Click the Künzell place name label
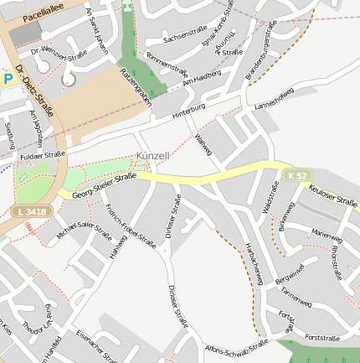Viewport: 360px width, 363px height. [152, 156]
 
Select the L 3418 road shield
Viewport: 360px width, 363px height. [31, 213]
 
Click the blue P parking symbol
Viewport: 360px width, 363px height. [8, 80]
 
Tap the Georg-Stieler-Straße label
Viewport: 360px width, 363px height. [104, 185]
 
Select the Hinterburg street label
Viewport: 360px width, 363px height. [188, 111]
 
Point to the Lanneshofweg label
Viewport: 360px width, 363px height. [276, 106]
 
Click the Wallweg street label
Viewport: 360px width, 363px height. [203, 144]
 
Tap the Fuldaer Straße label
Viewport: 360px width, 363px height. [42, 155]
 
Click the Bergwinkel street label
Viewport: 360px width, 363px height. [288, 272]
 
